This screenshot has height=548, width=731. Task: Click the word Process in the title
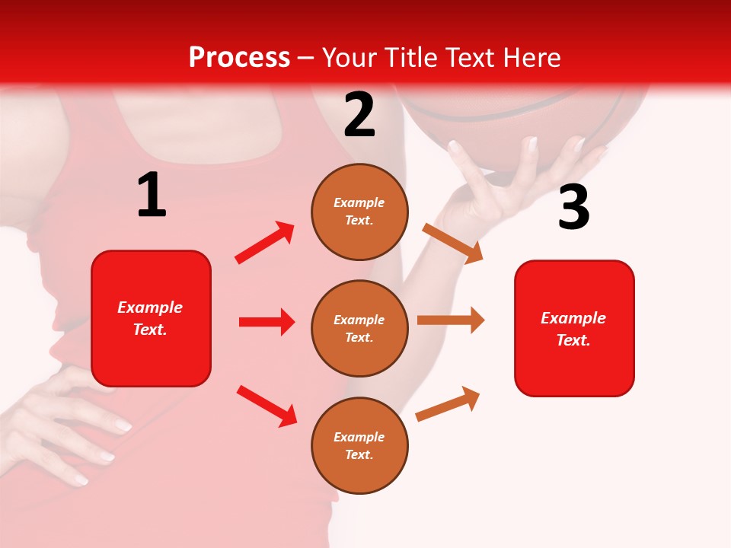pyautogui.click(x=239, y=57)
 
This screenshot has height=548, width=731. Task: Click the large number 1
pyautogui.click(x=152, y=195)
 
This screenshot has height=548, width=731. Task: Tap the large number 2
pyautogui.click(x=359, y=114)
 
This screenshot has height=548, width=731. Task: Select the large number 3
pyautogui.click(x=573, y=207)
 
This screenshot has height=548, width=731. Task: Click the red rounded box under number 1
pyautogui.click(x=151, y=318)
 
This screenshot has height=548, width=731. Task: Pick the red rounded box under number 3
pyautogui.click(x=574, y=328)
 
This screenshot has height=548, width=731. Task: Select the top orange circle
pyautogui.click(x=359, y=212)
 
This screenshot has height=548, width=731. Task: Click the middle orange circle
pyautogui.click(x=359, y=328)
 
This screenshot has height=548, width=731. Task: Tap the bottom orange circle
pyautogui.click(x=359, y=445)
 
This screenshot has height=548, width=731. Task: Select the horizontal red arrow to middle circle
pyautogui.click(x=267, y=322)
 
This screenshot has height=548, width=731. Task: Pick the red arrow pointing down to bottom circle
pyautogui.click(x=267, y=406)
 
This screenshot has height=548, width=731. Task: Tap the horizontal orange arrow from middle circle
pyautogui.click(x=451, y=320)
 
